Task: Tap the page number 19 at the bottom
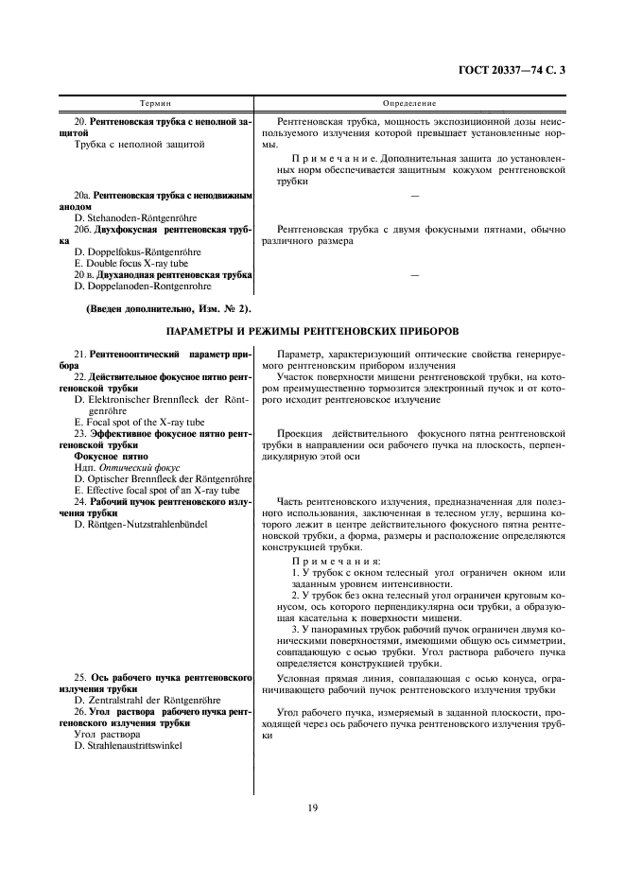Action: pos(311,807)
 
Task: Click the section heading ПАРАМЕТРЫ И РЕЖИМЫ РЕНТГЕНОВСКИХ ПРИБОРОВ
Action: pos(312,332)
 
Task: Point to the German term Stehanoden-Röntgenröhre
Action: pos(135,217)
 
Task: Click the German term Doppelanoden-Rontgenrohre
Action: pos(143,286)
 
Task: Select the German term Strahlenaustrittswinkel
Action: pos(129,745)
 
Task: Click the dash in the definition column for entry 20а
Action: pos(414,195)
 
